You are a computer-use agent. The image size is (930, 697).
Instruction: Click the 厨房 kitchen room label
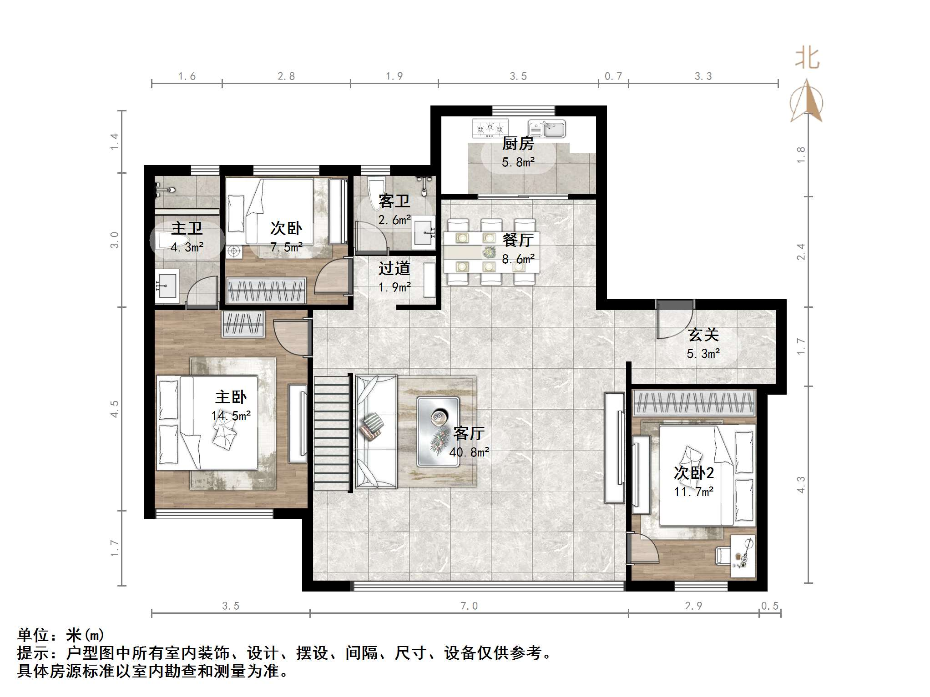click(518, 144)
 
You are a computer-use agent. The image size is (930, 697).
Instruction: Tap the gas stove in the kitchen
click(490, 128)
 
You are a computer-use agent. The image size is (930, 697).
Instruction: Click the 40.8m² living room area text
click(469, 452)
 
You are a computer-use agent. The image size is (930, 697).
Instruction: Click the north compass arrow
click(807, 101)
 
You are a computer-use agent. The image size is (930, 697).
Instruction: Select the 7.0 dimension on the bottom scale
click(469, 606)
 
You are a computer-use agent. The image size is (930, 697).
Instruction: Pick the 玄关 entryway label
click(703, 335)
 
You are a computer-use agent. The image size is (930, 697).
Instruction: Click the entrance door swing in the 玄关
click(673, 323)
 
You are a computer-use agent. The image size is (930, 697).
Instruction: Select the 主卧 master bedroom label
click(231, 397)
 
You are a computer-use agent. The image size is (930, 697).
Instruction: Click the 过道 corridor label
click(394, 268)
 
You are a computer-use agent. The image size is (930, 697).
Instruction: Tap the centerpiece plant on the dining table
click(489, 251)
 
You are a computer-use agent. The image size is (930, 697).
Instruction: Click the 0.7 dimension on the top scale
click(613, 76)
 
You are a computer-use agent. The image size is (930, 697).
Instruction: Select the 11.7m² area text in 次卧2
click(693, 491)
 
